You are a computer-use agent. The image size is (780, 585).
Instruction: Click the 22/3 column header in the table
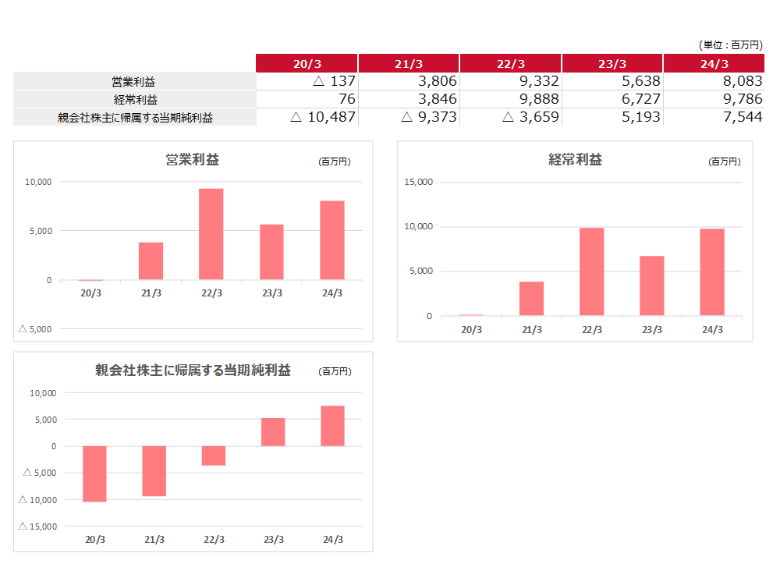511,64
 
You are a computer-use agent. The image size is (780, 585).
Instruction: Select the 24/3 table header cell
714,64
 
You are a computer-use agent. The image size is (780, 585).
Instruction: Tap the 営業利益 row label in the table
135,81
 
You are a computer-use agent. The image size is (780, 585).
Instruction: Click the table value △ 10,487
323,117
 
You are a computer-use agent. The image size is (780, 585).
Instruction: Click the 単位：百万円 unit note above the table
731,45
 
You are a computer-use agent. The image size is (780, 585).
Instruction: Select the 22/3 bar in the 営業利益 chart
211,234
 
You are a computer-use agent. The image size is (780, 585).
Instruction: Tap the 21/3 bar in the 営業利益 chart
151,261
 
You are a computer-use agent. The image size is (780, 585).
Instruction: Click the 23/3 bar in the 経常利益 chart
652,285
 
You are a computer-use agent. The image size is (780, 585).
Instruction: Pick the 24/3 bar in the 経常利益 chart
712,272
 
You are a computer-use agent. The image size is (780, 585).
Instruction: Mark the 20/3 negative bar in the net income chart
94,473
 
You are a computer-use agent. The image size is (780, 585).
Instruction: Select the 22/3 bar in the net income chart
214,456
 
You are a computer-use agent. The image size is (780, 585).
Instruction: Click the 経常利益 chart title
575,160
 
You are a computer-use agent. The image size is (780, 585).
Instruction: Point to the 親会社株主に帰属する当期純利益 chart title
193,370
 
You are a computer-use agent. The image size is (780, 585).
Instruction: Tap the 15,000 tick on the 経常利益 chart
418,183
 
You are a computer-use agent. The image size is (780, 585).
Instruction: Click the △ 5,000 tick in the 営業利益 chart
35,329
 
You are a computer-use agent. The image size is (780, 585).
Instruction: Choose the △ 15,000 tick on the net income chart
40,526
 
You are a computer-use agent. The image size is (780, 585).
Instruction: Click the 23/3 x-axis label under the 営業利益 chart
271,293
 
